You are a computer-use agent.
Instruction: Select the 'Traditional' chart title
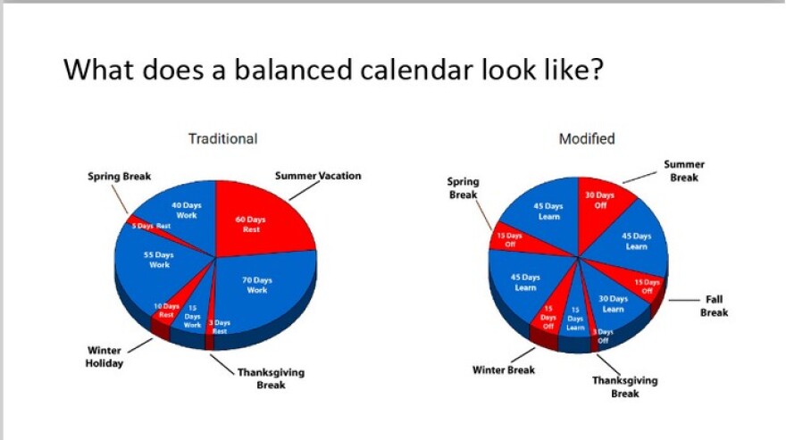222,138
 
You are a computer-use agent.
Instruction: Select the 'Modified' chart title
586,138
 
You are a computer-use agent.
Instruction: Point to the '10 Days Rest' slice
167,311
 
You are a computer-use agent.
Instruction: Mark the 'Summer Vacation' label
317,176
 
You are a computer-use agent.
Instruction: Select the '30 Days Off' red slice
600,199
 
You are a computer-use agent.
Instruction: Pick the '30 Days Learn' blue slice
613,303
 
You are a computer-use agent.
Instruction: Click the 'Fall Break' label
714,306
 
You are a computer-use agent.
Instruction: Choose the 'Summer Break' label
684,170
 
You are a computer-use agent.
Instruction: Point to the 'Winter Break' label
504,369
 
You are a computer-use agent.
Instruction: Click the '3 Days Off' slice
602,336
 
